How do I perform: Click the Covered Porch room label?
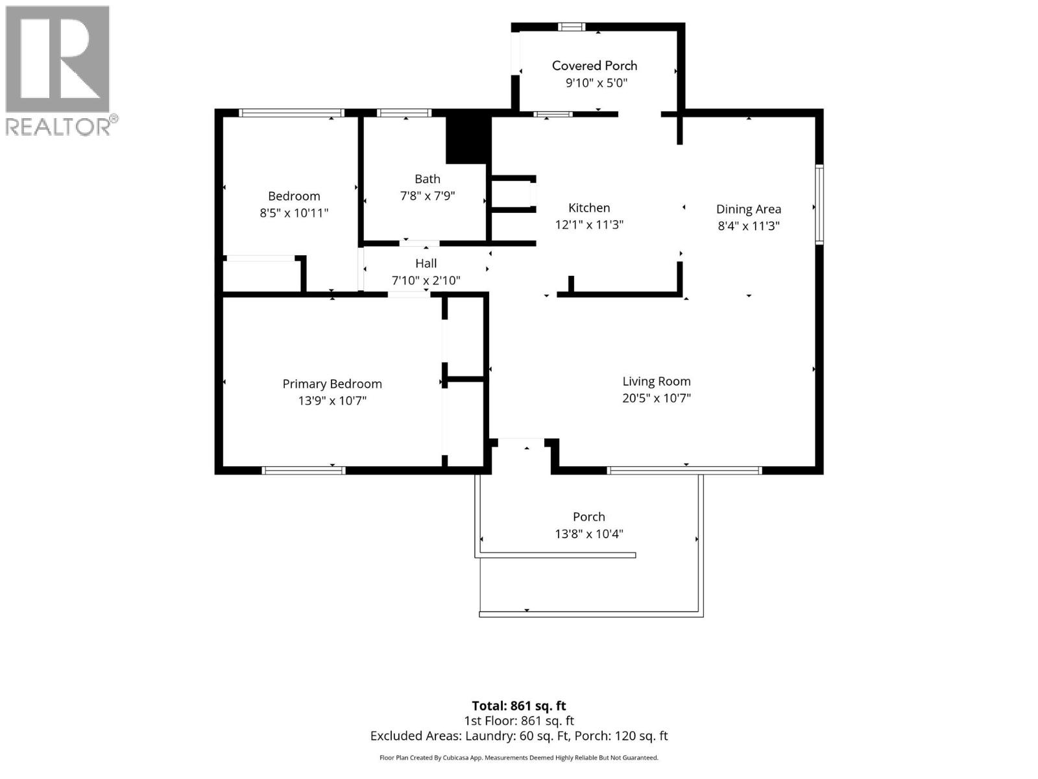(594, 66)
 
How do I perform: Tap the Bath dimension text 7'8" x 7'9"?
(428, 196)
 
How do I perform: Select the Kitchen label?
(589, 208)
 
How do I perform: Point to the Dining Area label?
(749, 209)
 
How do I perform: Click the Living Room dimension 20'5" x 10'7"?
(657, 398)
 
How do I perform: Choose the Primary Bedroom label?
(332, 384)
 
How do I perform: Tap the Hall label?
(426, 264)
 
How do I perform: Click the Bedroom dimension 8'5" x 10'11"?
(294, 213)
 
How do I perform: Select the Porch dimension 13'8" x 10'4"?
(589, 534)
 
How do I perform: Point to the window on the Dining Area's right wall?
(819, 204)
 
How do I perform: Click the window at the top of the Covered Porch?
(572, 27)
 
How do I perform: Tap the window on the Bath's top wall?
(404, 113)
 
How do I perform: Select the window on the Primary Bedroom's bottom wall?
(304, 470)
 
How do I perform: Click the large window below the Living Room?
(684, 470)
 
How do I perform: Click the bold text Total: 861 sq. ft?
(519, 706)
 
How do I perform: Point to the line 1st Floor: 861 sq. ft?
(519, 721)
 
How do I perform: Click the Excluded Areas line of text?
(519, 736)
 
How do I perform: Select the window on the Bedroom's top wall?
(291, 113)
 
